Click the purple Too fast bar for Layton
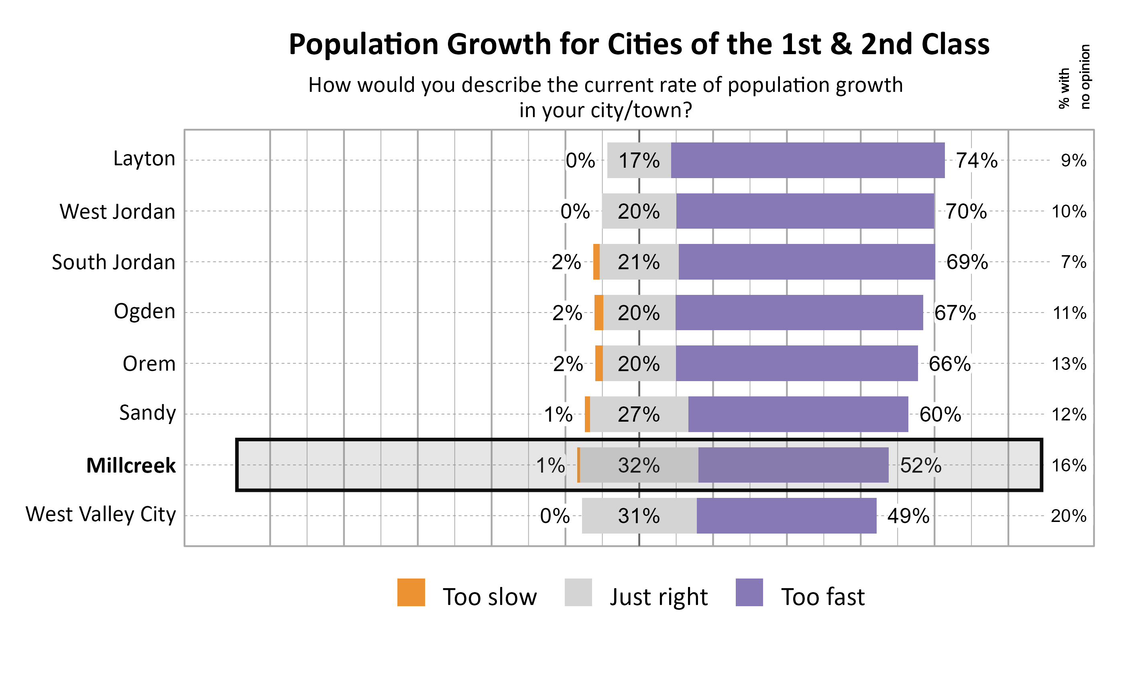807,160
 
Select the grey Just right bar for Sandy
639,414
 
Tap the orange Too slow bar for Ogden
599,313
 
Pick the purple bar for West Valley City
786,516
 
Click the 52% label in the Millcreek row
920,465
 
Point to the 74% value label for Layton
976,160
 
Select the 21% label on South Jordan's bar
638,262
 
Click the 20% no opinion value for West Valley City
1069,516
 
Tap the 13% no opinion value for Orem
1069,364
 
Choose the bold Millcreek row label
131,465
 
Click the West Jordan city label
117,212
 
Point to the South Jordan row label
113,262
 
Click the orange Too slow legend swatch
411,592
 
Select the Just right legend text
658,597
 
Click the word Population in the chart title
363,45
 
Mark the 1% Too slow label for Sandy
558,414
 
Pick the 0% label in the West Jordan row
575,212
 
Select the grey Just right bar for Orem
639,363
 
